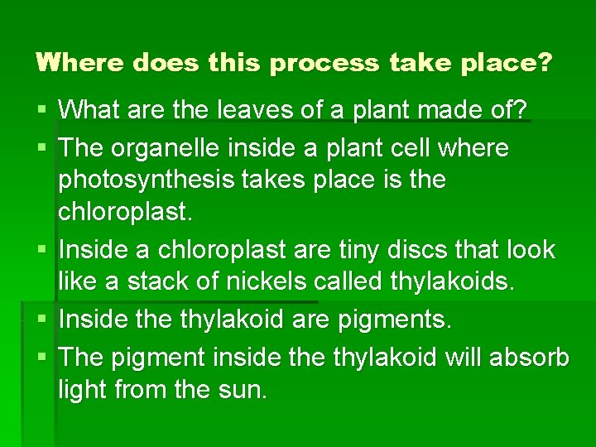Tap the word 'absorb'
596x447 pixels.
(530, 357)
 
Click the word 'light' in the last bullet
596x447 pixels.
(81, 390)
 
